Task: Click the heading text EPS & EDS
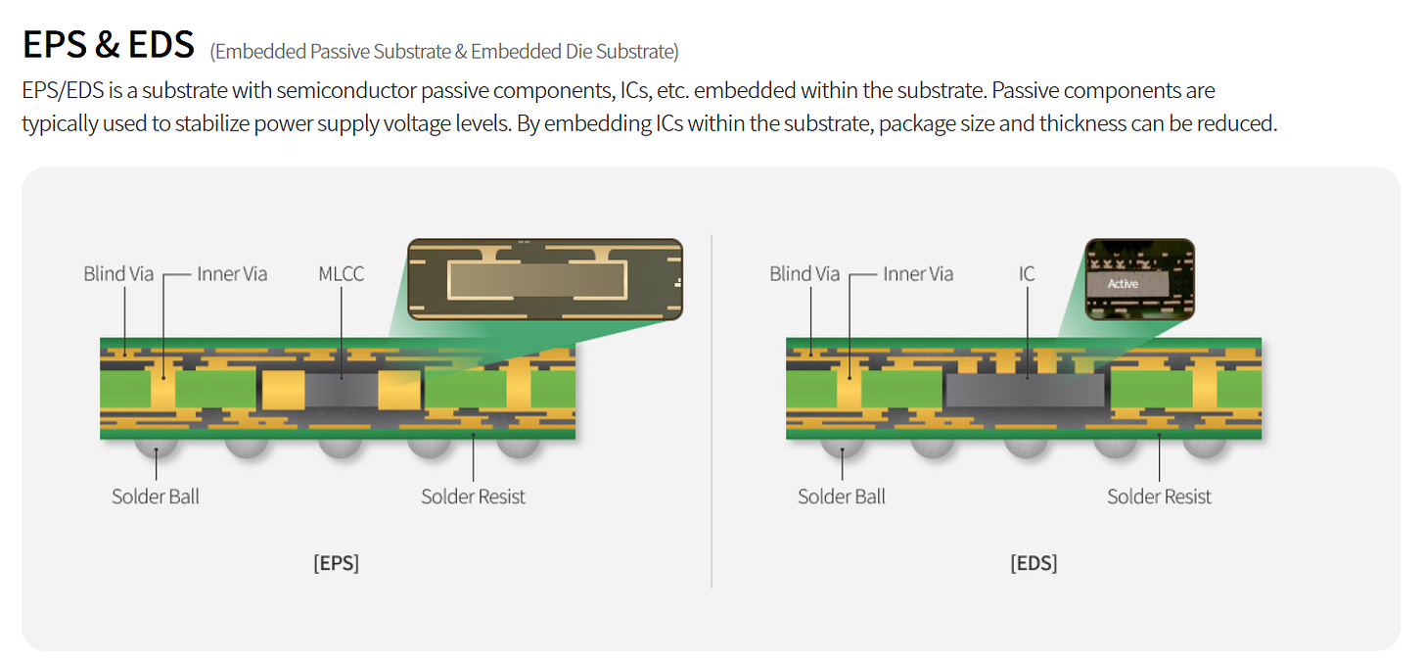tap(108, 44)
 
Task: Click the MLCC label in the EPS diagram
tap(341, 274)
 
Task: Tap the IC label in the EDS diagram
tap(1026, 274)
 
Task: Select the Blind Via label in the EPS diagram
tap(118, 274)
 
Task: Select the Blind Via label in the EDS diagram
tap(804, 274)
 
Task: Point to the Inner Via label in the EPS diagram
tap(232, 274)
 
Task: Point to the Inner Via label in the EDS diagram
tap(918, 274)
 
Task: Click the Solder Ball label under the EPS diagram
tap(156, 497)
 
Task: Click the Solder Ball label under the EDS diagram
tap(842, 497)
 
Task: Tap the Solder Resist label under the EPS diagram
tap(473, 497)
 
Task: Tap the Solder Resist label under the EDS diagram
tap(1159, 497)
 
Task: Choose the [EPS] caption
tap(336, 564)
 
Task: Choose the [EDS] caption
tap(1034, 564)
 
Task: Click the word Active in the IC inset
tap(1123, 284)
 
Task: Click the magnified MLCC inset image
tap(544, 279)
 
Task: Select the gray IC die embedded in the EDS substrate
tap(1025, 392)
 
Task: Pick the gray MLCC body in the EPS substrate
tap(342, 390)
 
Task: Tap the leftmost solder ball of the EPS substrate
tap(157, 448)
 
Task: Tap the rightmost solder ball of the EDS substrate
tap(1204, 448)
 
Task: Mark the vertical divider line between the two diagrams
tap(712, 411)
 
